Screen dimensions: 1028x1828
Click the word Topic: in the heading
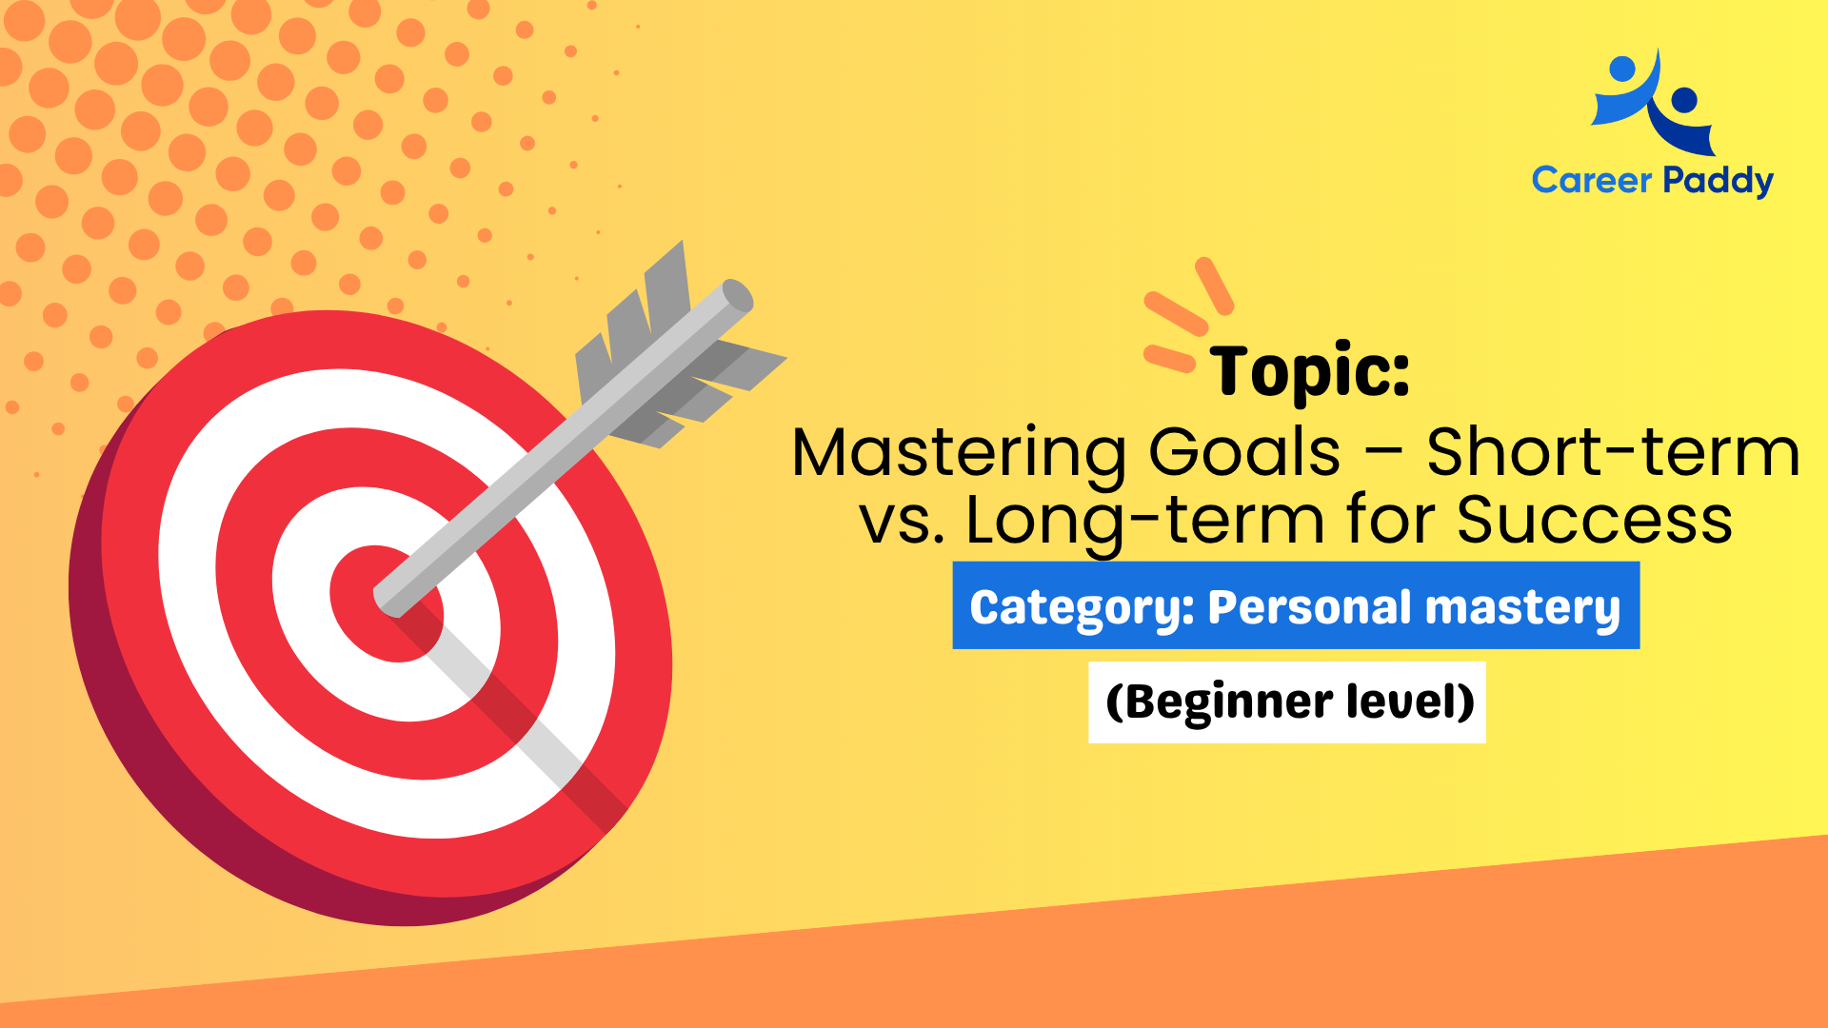[x=1310, y=371]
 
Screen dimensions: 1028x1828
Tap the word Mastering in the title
[x=959, y=454]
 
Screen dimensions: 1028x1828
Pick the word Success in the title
[x=1595, y=521]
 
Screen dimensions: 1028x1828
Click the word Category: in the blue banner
[x=1081, y=608]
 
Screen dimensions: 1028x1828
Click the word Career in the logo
[x=1592, y=180]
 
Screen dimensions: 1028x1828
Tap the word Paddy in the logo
[x=1718, y=181]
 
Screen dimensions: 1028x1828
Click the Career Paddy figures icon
[x=1655, y=103]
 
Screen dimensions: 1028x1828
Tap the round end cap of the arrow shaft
[x=737, y=295]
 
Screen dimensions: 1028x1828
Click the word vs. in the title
[x=902, y=522]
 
